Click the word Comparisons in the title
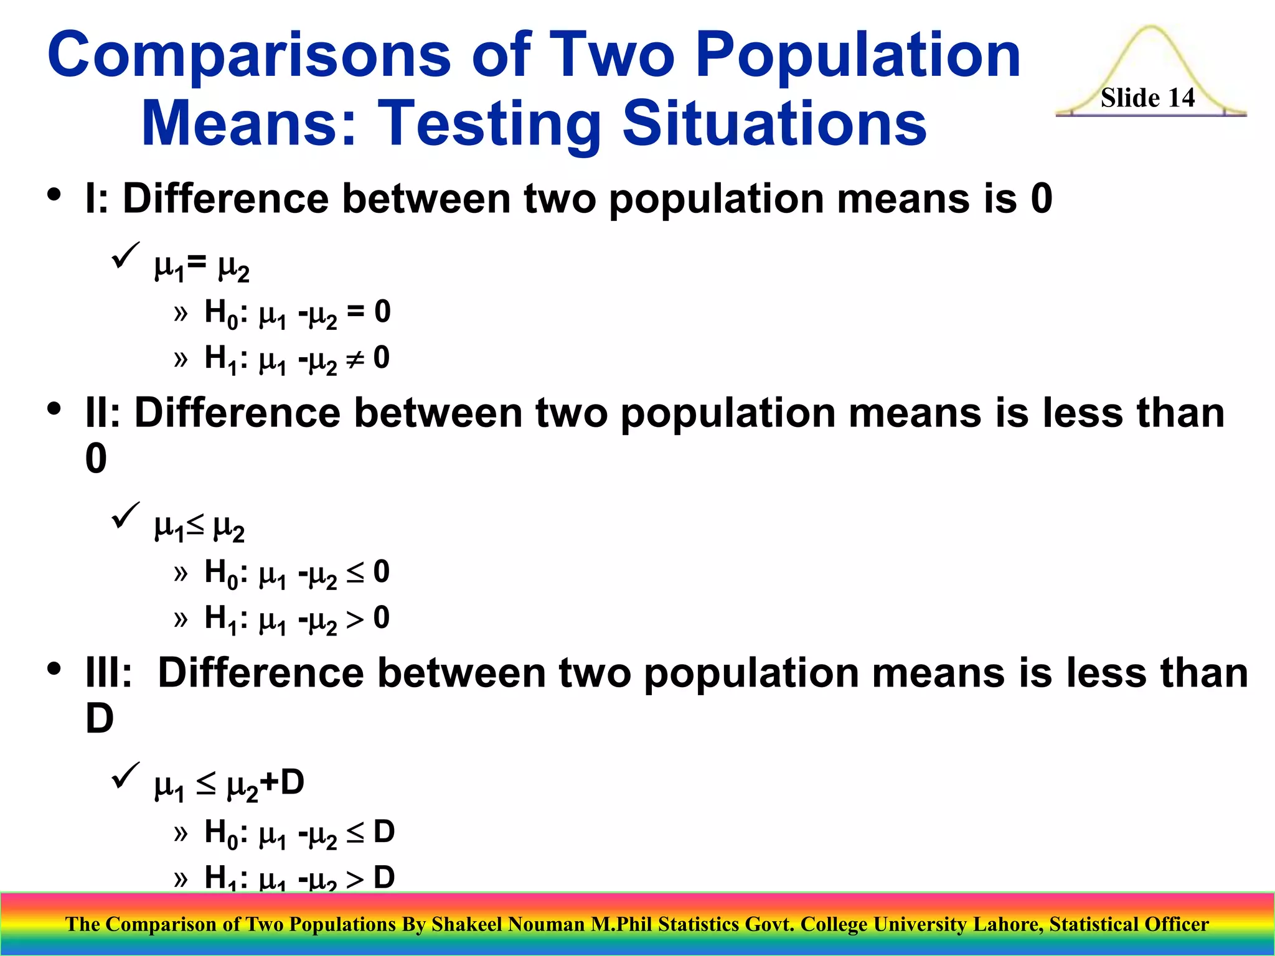[249, 56]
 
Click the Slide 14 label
[1147, 98]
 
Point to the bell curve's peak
[1150, 29]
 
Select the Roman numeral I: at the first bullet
[96, 199]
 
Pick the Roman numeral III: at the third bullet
[108, 673]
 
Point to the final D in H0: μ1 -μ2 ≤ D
[384, 832]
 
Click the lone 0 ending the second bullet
[96, 459]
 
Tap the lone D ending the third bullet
[99, 719]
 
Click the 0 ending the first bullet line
[1042, 199]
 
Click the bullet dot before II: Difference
[54, 409]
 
